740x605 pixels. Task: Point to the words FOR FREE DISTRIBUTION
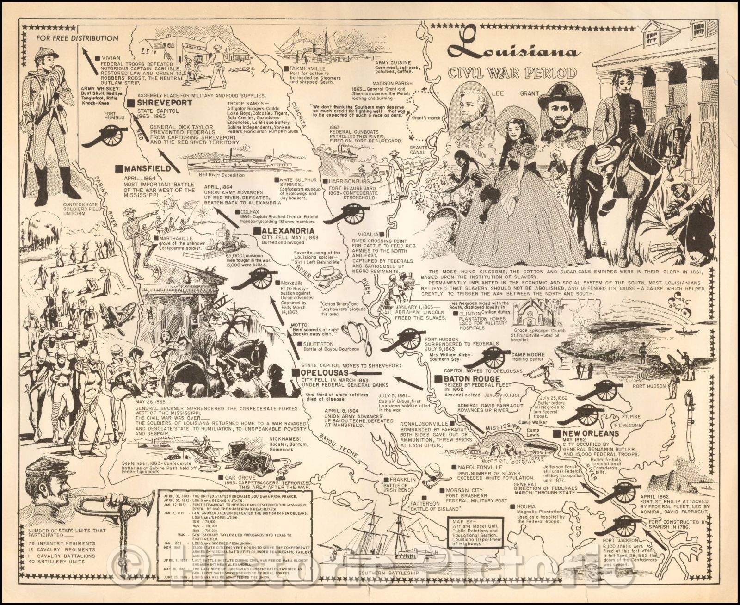(x=76, y=38)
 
